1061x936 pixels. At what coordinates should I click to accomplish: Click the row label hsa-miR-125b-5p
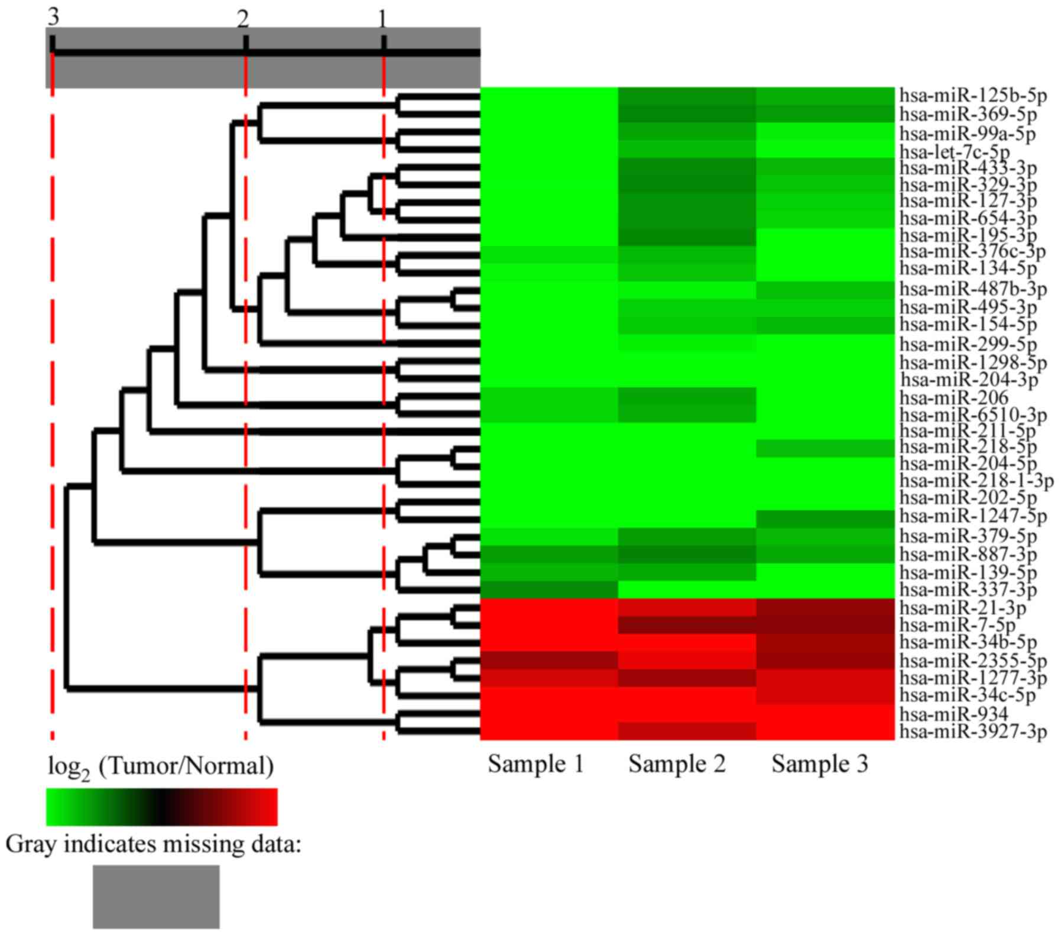[x=972, y=95]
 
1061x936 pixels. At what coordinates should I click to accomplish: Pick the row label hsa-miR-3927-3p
[x=972, y=731]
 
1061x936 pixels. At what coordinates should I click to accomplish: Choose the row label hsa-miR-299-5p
[x=968, y=344]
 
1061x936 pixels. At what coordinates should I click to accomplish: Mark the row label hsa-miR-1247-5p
[x=972, y=516]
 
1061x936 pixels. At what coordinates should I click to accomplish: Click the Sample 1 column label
[x=536, y=764]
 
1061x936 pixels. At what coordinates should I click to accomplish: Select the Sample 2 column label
[x=676, y=764]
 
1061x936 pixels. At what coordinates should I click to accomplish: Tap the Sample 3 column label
[x=820, y=764]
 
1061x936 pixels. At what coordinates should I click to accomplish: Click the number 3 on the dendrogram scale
[x=53, y=18]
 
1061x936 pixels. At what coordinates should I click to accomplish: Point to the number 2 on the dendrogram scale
[x=243, y=20]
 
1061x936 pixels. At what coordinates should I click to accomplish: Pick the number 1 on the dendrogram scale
[x=382, y=20]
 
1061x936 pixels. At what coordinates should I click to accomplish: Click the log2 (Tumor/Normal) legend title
[x=161, y=767]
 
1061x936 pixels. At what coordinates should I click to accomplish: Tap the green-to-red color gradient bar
[x=161, y=807]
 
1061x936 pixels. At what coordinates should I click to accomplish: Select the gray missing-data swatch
[x=156, y=896]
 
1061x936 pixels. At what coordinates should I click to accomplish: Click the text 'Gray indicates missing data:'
[x=154, y=844]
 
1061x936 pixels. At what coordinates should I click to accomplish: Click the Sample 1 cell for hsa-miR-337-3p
[x=549, y=590]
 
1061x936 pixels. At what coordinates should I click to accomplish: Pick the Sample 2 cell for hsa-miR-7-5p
[x=687, y=625]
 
